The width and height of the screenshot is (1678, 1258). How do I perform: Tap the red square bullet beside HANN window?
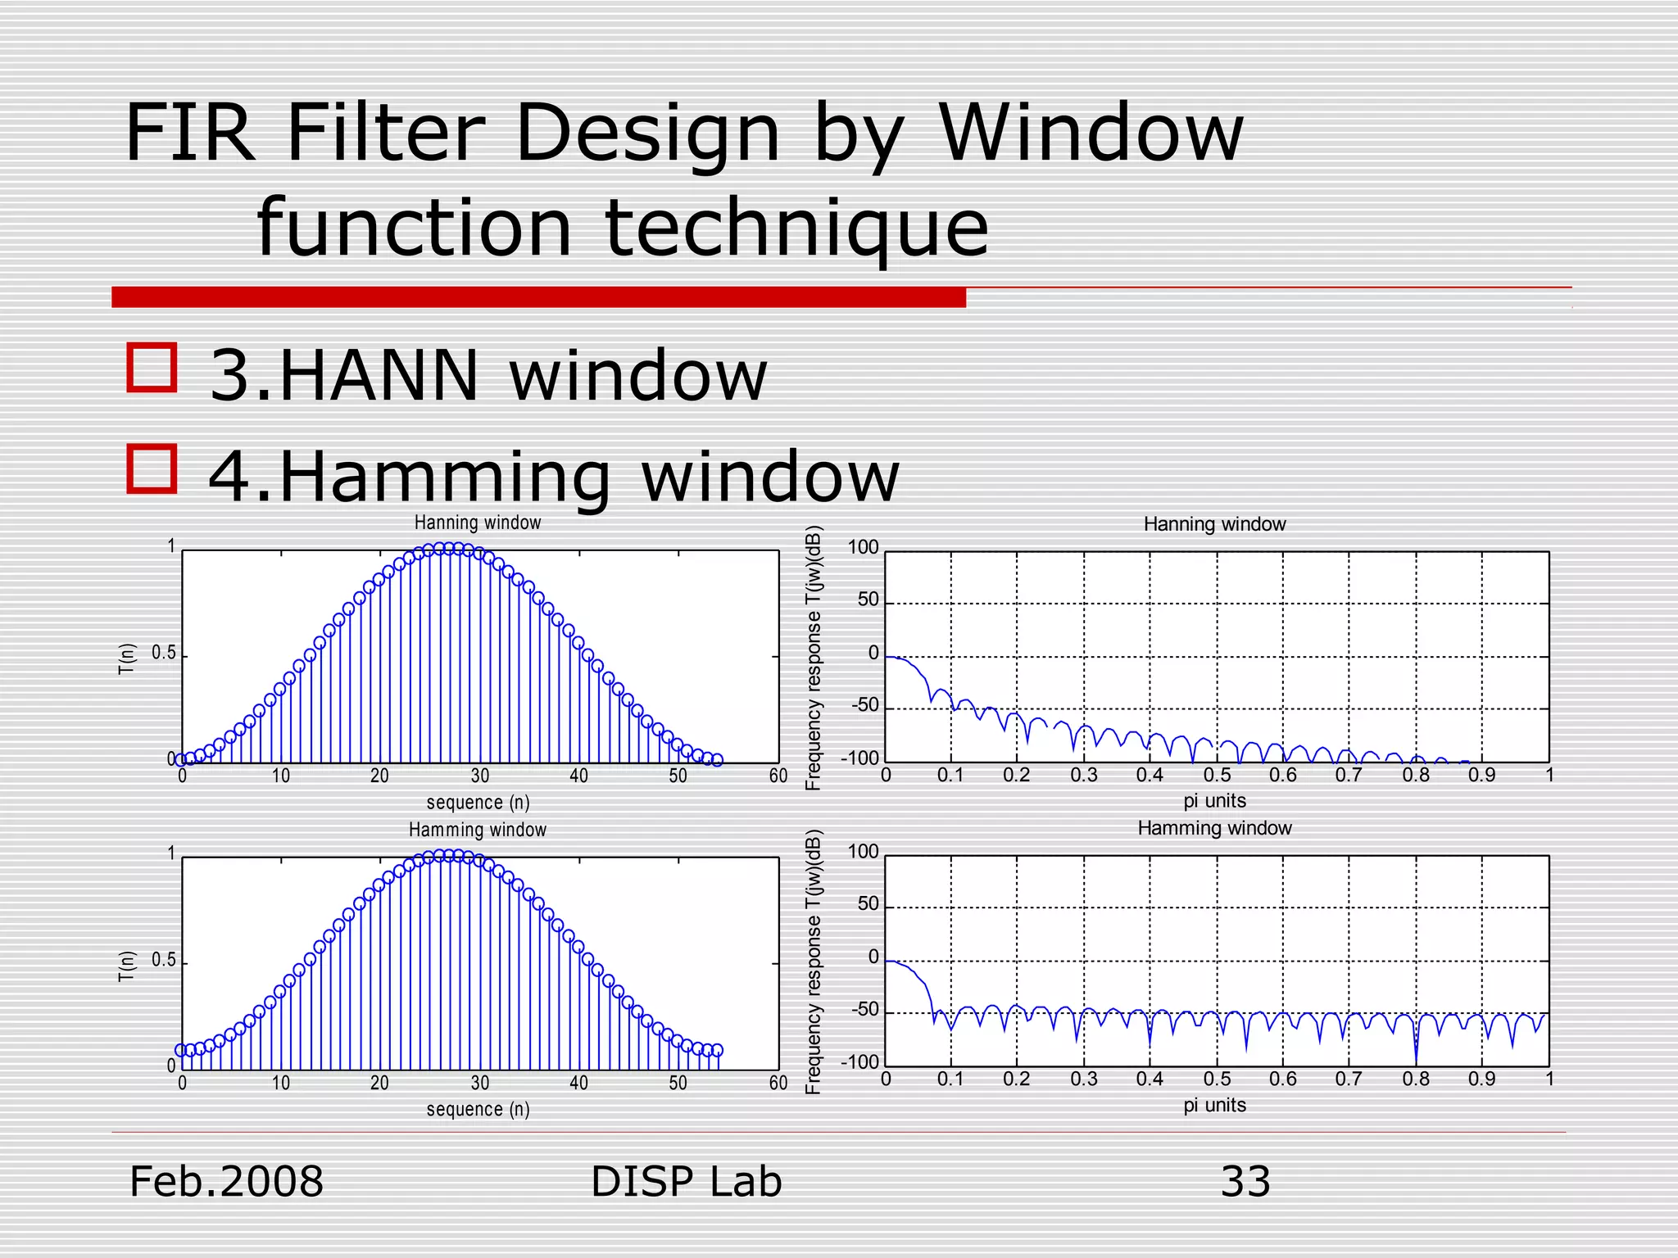click(x=152, y=367)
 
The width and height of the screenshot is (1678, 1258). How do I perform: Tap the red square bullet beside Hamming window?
click(x=152, y=468)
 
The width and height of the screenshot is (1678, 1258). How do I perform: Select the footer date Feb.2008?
click(x=226, y=1182)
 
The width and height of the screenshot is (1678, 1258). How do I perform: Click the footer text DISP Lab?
click(x=686, y=1182)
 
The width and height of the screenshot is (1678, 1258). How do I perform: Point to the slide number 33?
click(x=1245, y=1182)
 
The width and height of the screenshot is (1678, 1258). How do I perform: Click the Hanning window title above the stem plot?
click(x=477, y=523)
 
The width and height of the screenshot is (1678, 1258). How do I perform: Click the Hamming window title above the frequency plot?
click(x=1214, y=828)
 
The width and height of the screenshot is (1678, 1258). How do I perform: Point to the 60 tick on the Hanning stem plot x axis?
click(x=778, y=776)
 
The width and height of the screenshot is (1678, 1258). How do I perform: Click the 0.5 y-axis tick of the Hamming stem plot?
click(x=164, y=960)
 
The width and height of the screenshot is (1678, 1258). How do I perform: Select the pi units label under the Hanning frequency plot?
click(x=1214, y=801)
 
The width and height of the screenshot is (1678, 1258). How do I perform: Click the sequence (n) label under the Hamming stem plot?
click(x=478, y=1109)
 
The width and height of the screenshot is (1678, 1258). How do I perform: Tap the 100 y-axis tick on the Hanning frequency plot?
click(x=862, y=547)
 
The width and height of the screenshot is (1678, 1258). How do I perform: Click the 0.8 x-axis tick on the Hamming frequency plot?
click(x=1415, y=1079)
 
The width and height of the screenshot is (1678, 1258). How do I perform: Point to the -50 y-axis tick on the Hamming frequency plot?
click(x=864, y=1010)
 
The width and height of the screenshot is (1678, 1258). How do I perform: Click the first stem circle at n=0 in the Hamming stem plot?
click(x=181, y=1050)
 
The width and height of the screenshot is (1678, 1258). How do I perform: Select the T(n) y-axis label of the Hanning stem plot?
click(x=126, y=658)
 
